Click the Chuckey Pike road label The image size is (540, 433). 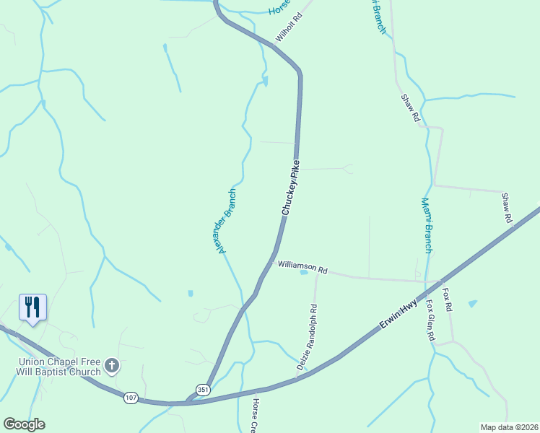290,188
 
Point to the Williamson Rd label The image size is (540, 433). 302,266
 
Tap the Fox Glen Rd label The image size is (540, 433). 430,320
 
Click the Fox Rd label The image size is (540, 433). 448,299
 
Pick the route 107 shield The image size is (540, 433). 131,398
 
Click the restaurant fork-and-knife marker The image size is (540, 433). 32,307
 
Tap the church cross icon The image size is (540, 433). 112,366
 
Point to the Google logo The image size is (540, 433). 24,424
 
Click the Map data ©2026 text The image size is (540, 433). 509,427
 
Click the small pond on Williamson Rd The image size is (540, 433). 304,273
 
